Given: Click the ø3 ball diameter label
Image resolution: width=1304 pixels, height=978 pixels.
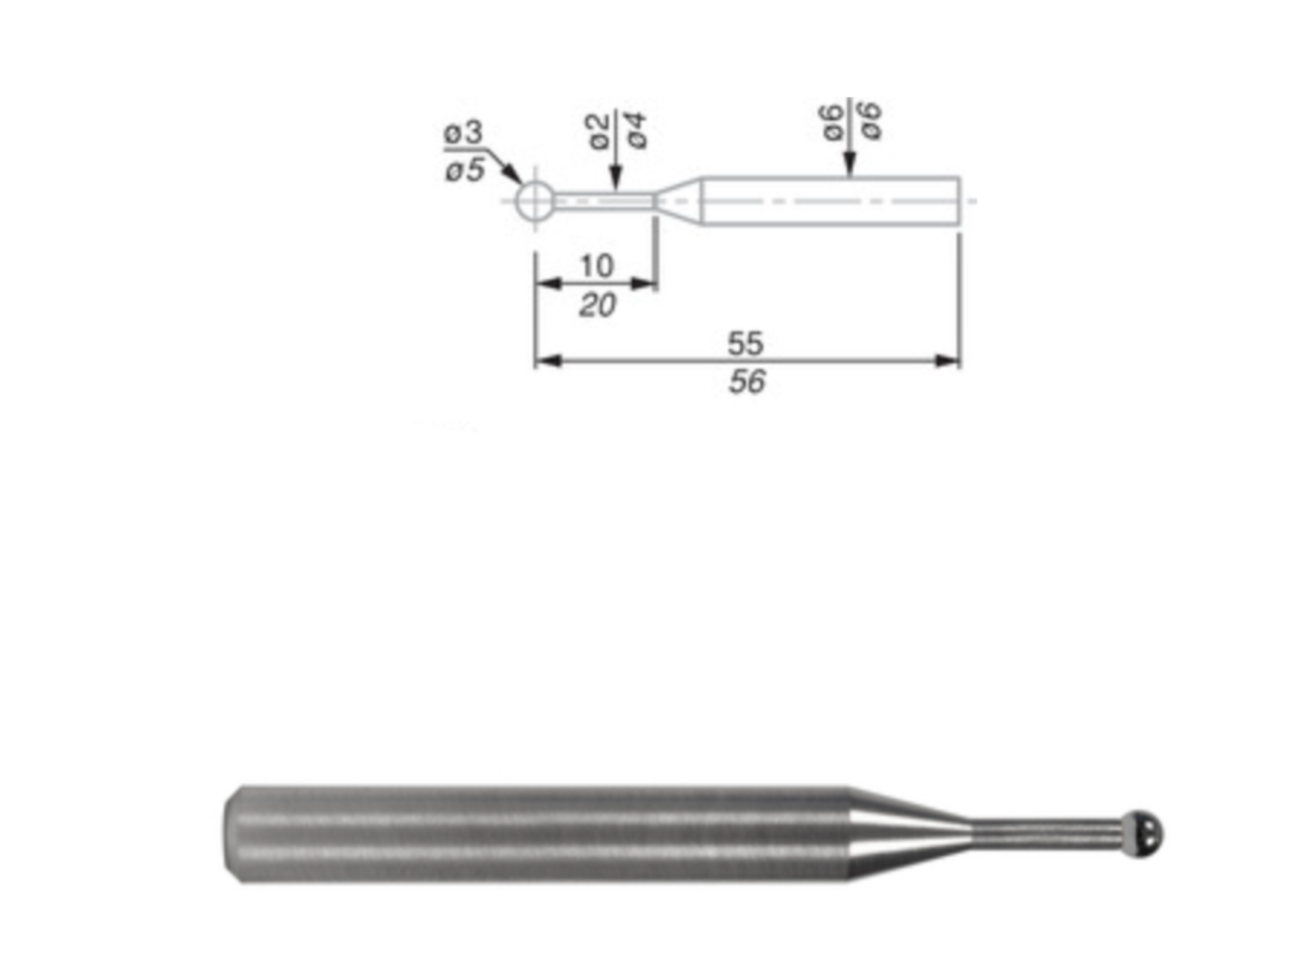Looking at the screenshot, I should tap(464, 133).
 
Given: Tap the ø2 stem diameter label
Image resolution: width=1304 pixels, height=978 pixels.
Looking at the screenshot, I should tap(598, 132).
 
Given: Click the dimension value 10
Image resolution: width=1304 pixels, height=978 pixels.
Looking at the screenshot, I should tap(597, 266).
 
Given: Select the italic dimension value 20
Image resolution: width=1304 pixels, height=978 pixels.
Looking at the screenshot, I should tap(597, 305).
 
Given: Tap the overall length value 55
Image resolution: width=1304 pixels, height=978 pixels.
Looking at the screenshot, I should tap(746, 343).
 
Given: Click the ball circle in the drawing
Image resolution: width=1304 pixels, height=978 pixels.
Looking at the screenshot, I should tap(534, 201).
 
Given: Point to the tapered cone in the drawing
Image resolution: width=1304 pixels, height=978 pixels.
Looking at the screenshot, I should tap(679, 201).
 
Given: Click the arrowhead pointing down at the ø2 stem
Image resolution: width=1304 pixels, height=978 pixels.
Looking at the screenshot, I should tap(616, 177).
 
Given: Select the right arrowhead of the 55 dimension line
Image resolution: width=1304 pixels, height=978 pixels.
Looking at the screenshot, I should tap(948, 361).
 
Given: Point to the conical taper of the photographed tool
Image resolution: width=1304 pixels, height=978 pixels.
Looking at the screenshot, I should tap(908, 834).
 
